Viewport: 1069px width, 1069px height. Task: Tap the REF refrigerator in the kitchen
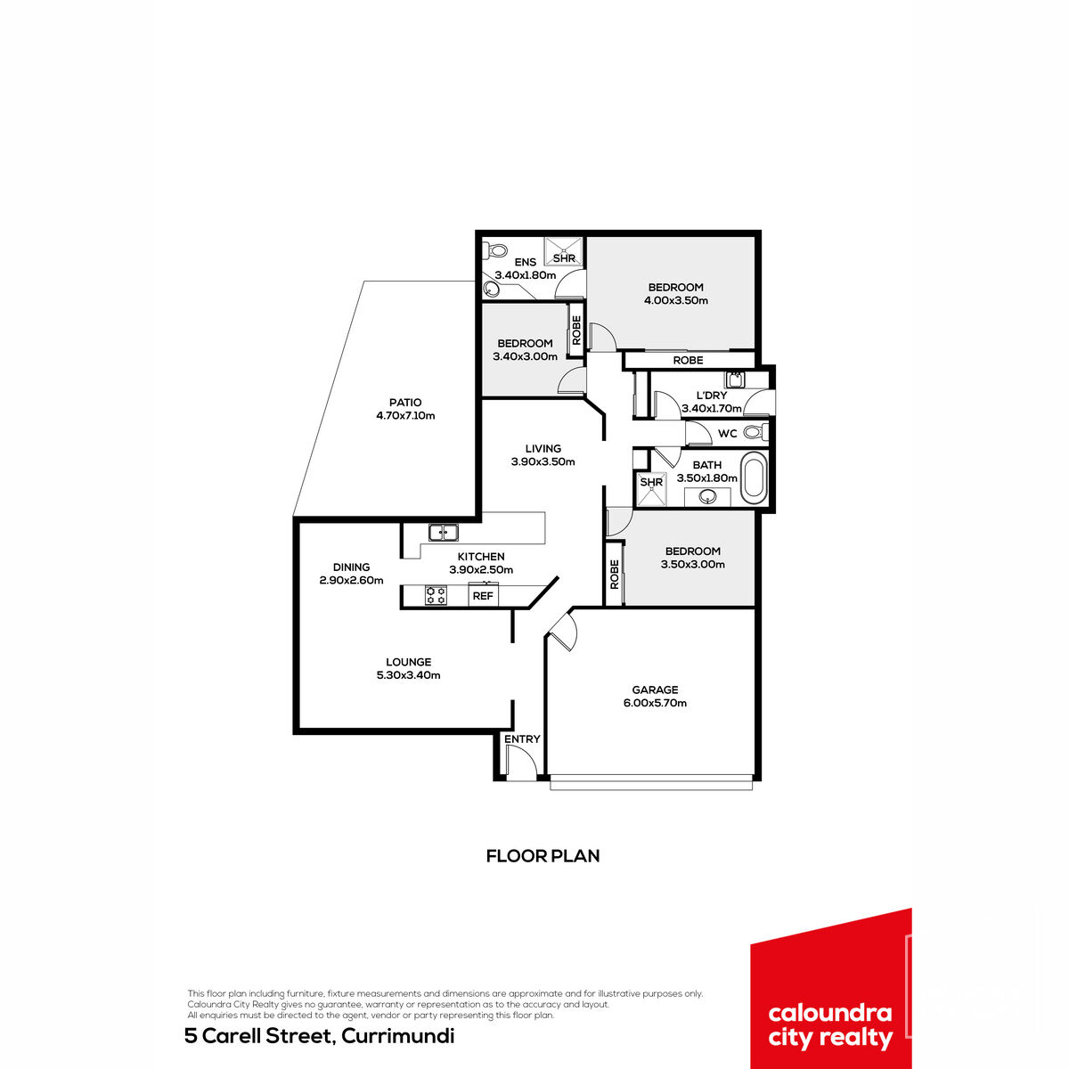click(483, 595)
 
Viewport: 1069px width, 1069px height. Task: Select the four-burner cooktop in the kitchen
click(436, 595)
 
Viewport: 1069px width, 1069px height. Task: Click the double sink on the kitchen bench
click(444, 533)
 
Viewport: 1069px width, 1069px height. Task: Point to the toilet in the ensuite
click(495, 250)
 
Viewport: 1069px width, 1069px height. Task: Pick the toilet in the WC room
click(755, 431)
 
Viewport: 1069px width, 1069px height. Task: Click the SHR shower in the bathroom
click(652, 489)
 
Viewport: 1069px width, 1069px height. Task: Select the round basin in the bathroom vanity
click(708, 496)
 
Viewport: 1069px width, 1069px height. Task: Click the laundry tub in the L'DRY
click(736, 379)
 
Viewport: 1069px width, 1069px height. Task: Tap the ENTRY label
click(522, 739)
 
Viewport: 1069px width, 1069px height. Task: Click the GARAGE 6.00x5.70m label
click(655, 697)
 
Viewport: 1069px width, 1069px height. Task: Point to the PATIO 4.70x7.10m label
click(405, 409)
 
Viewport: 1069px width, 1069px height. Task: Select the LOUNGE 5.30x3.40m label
click(408, 668)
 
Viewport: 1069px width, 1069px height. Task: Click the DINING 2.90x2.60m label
click(351, 574)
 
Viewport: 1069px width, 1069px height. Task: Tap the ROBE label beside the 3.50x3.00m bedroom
click(614, 574)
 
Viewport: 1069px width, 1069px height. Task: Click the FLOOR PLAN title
click(543, 856)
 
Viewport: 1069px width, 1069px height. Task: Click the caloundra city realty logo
click(831, 990)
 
